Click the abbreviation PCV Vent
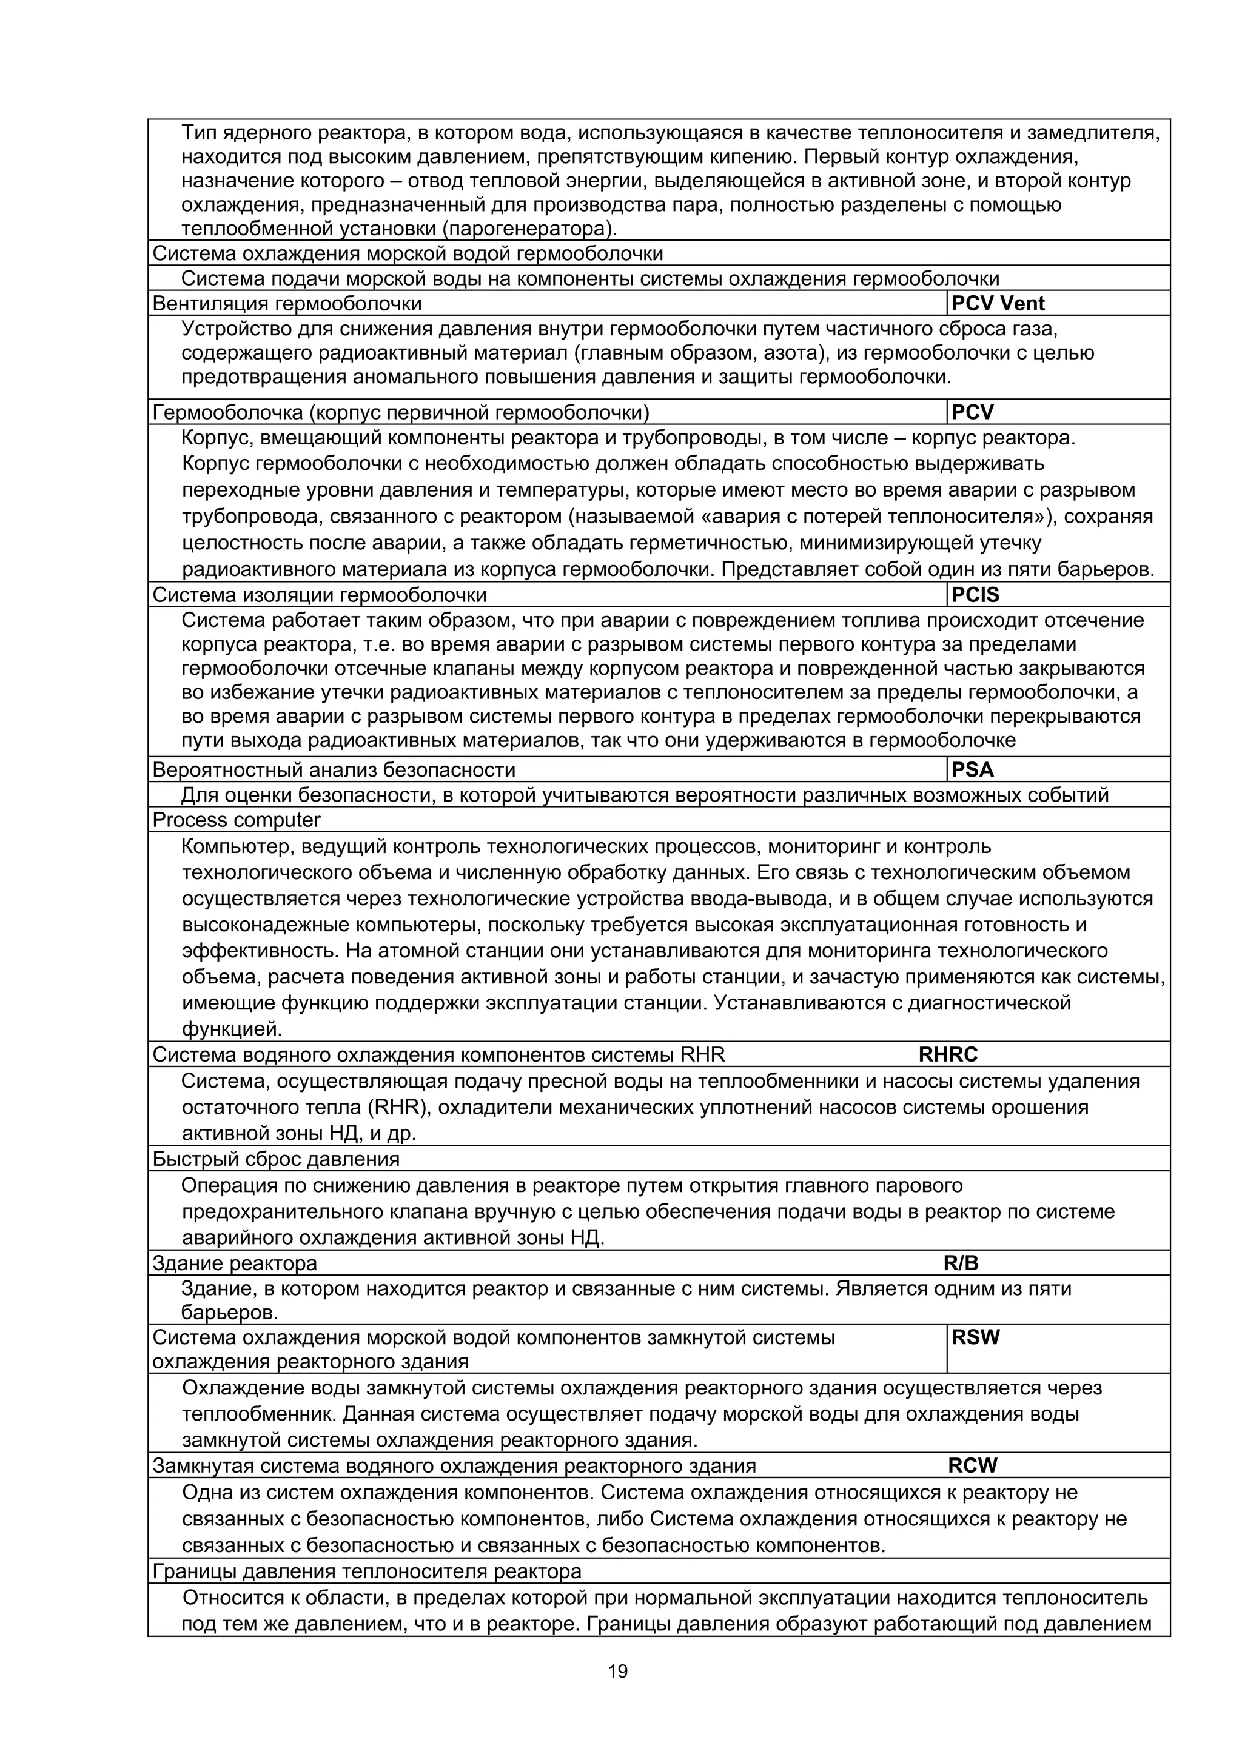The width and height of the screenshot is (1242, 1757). pos(998,304)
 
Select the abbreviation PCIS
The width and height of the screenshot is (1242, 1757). pos(975,595)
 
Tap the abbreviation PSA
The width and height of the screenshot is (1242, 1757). pos(972,770)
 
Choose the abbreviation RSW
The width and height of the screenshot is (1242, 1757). pos(976,1337)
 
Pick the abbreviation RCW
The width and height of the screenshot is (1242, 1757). pos(973,1465)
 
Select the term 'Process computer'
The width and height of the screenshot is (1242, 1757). pos(237,820)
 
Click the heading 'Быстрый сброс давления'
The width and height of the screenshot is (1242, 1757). pos(277,1159)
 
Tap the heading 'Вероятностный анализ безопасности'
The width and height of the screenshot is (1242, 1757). pos(334,770)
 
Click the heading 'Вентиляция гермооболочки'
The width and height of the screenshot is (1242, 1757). pos(287,304)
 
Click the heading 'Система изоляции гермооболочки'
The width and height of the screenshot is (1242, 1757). pos(319,595)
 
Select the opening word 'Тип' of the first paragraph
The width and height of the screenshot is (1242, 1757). pos(199,133)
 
